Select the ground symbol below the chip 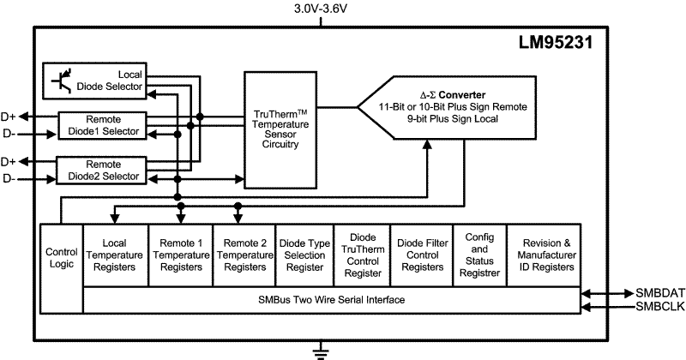[321, 349]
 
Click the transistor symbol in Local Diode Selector [61, 80]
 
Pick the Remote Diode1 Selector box [104, 124]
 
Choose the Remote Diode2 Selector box [104, 169]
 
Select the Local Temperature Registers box [115, 255]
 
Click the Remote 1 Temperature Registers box [180, 255]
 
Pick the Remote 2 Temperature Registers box [245, 255]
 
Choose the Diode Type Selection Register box [304, 255]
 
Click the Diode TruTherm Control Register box [361, 255]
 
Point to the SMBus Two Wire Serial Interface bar [331, 300]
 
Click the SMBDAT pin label [659, 293]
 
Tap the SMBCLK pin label [659, 307]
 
